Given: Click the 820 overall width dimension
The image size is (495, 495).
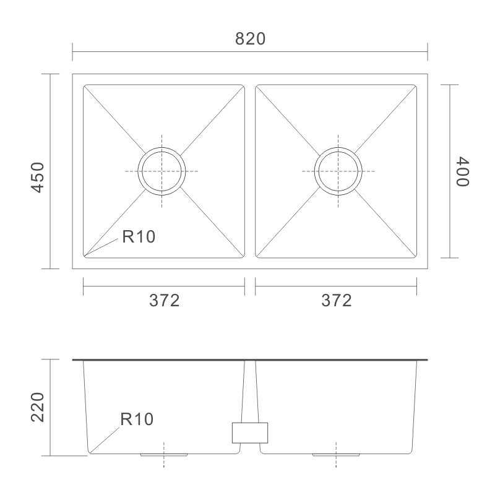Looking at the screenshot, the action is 250,39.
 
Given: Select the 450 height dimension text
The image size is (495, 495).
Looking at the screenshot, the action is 38,177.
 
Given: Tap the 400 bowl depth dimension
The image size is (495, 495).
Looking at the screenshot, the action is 462,171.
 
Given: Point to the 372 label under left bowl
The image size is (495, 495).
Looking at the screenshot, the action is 164,300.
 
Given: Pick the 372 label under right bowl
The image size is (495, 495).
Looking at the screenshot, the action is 336,300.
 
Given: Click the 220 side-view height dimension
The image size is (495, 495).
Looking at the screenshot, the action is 38,407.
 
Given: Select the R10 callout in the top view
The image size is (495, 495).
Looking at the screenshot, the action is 139,236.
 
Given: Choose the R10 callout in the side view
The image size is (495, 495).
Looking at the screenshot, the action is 137,419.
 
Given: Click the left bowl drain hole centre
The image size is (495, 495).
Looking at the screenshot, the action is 161,171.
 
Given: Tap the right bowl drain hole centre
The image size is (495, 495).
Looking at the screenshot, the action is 338,171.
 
